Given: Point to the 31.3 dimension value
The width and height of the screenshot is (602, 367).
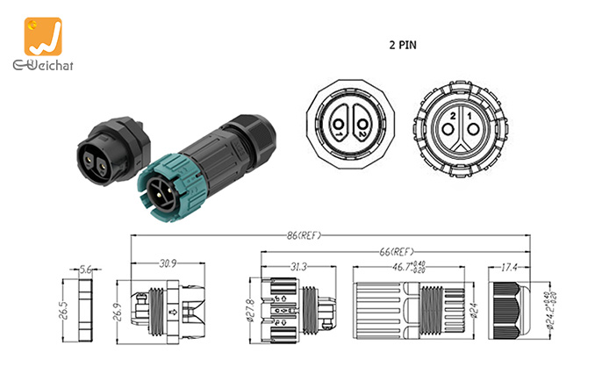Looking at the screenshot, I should click(295, 267).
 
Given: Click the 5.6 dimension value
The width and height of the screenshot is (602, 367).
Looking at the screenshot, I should click(86, 270).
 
